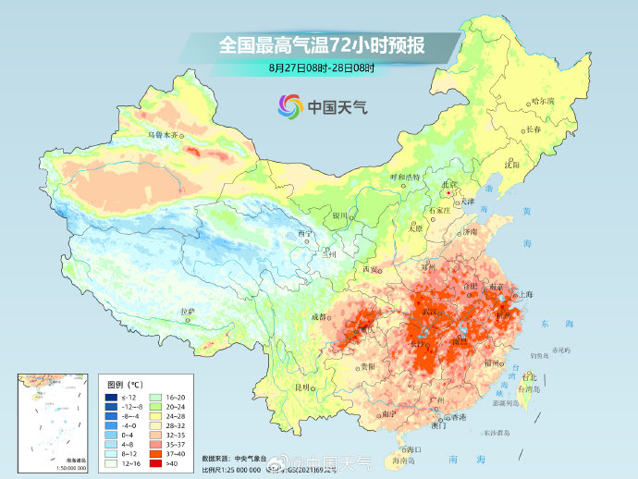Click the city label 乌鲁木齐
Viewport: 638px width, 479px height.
(162, 134)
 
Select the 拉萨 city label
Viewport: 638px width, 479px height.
(188, 312)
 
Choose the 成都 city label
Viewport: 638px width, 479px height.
(319, 316)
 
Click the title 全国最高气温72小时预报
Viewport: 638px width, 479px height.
(320, 43)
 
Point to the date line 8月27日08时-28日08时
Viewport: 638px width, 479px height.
(320, 68)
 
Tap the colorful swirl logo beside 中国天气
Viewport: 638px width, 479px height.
(289, 106)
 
